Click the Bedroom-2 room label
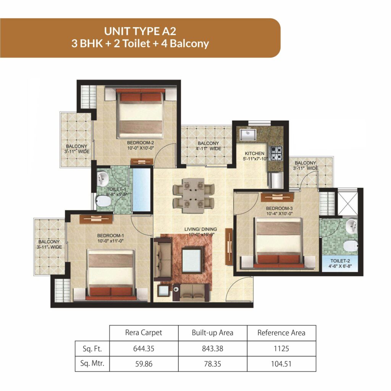pos(141,143)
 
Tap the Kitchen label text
pos(254,153)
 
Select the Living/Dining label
pos(200,229)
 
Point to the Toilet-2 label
pos(340,261)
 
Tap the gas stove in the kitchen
pos(276,153)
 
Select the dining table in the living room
pos(194,195)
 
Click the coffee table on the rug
pos(192,260)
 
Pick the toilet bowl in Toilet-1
pos(103,201)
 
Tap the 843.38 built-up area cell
pos(212,348)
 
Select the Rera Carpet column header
pos(144,333)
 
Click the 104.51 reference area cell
pos(281,364)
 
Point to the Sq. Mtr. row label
pos(92,364)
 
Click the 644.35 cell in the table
pos(144,348)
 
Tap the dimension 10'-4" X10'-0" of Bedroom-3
pos(279,214)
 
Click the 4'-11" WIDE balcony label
pos(208,149)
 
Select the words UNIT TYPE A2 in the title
pos(140,31)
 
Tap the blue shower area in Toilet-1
pos(142,190)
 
